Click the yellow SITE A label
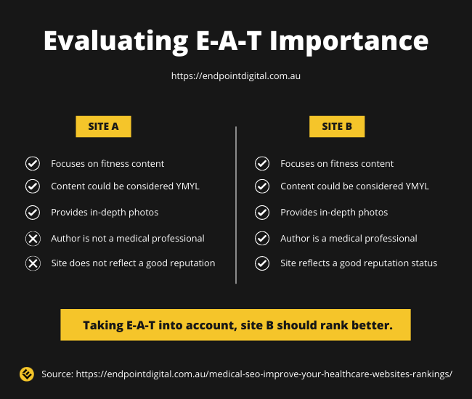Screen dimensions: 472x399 pos(103,126)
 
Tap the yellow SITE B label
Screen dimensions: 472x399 pos(337,126)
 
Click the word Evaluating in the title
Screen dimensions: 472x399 pos(116,41)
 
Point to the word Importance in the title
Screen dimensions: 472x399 pos(349,42)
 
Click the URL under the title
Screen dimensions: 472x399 pos(236,75)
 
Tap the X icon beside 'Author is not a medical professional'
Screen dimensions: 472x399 pos(33,239)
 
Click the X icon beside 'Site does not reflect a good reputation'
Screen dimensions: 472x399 pos(33,263)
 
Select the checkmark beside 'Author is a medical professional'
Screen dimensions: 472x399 pos(262,239)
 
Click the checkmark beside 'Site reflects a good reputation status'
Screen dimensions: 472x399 pos(262,263)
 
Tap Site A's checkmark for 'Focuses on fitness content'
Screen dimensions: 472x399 pos(33,163)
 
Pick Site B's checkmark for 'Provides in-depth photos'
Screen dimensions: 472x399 pos(262,213)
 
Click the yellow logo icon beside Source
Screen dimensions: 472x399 pos(27,374)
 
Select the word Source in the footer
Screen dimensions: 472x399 pos(57,374)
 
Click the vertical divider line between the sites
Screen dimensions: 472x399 pos(236,205)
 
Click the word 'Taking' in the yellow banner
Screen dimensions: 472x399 pos(103,326)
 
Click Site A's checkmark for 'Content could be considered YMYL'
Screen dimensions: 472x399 pos(33,186)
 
